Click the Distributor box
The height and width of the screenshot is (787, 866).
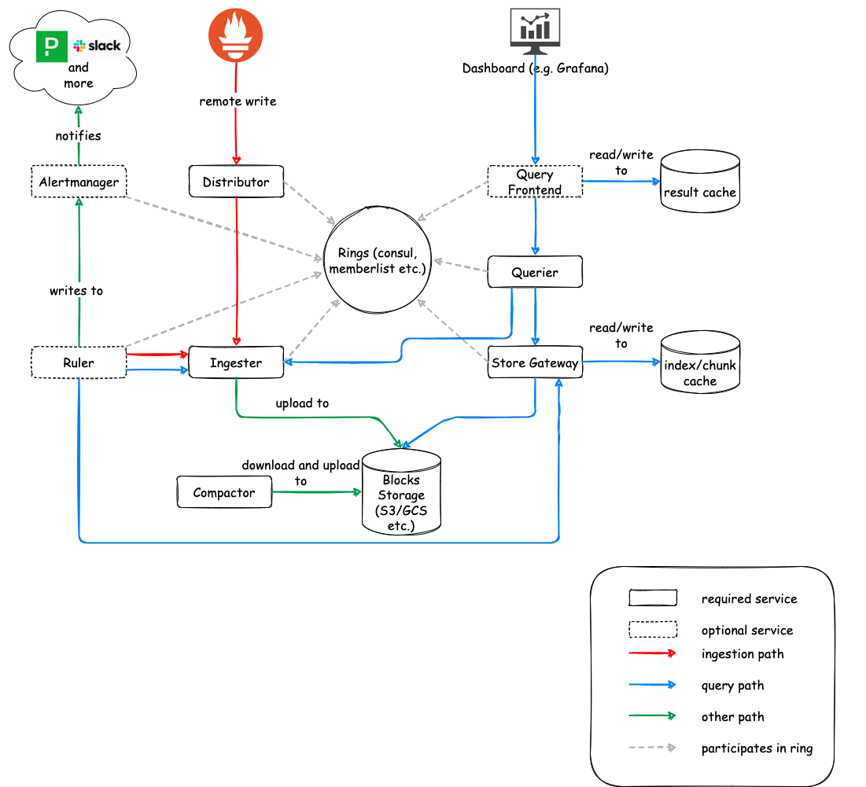236,182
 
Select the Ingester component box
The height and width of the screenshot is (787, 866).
236,362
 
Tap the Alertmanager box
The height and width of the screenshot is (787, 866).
79,182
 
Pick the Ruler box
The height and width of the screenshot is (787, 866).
79,362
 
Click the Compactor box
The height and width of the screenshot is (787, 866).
224,493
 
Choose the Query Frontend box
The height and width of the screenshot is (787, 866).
535,182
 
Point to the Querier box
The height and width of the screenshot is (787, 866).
535,272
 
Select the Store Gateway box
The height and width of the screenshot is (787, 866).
535,362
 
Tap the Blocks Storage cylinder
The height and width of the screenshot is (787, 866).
401,494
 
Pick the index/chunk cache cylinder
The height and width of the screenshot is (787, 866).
699,363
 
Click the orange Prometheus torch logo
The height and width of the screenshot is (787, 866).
235,36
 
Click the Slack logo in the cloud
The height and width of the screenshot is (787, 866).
98,46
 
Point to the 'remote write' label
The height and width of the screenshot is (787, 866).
238,101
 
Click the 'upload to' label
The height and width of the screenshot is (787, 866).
302,403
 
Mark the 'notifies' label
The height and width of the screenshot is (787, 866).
79,135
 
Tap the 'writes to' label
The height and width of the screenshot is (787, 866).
76,290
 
